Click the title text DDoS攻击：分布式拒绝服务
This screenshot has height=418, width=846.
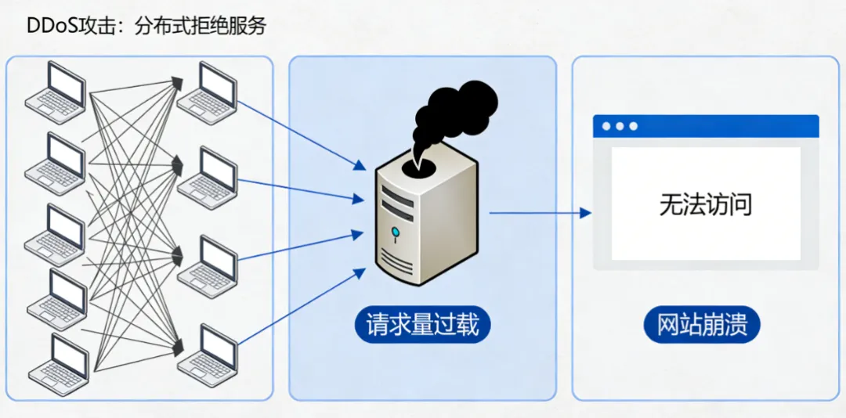coord(146,26)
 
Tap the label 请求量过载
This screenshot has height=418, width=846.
coord(422,325)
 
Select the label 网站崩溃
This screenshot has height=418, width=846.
coord(702,325)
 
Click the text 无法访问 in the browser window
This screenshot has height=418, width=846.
coord(705,205)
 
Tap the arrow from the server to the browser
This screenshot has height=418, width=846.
coord(540,212)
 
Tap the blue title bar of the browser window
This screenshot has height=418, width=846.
coord(705,126)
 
